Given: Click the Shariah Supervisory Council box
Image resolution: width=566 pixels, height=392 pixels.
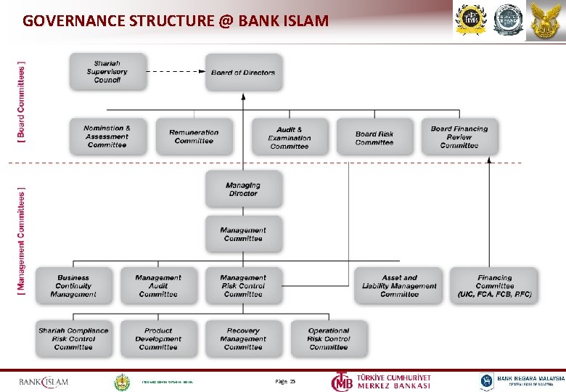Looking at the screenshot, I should (x=107, y=72).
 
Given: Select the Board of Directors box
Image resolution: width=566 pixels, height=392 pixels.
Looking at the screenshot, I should (x=243, y=73).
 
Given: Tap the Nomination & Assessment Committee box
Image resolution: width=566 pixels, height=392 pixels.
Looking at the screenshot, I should (x=107, y=136).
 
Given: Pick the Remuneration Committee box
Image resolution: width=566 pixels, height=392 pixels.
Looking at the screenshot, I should (x=194, y=136).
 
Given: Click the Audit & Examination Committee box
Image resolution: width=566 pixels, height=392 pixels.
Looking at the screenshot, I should (x=290, y=137).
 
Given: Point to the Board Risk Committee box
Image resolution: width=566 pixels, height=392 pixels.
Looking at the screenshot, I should (x=374, y=137).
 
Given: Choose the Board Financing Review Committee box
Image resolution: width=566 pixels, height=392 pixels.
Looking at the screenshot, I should (x=459, y=137).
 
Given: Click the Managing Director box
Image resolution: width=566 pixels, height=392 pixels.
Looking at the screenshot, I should (x=243, y=189).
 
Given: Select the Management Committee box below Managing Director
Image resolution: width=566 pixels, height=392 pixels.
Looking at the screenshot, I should (x=243, y=234).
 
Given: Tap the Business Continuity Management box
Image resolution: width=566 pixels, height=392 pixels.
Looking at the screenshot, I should (x=74, y=286).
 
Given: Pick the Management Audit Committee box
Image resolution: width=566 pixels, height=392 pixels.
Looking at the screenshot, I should (x=158, y=286).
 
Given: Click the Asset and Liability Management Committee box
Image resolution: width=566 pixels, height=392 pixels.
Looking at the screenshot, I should (x=399, y=286).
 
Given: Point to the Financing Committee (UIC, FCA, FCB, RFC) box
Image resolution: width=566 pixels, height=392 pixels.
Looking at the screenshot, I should (x=494, y=286).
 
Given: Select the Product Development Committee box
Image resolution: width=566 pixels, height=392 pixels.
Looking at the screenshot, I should (x=158, y=339).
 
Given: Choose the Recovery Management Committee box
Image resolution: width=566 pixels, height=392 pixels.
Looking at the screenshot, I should (x=243, y=339).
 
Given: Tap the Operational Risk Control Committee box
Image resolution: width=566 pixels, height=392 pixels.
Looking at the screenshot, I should (x=329, y=339).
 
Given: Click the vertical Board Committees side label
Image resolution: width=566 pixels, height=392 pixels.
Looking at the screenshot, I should (x=21, y=100).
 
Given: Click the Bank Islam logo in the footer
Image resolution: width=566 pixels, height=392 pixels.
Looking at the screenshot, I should (x=44, y=381).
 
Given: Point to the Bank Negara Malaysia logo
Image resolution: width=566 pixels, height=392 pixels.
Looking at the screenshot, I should (x=522, y=381).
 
